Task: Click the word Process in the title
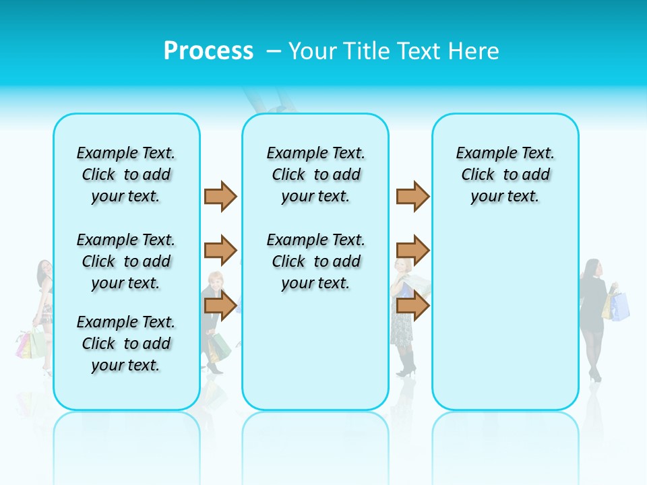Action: pos(208,51)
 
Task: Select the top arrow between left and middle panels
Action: pos(220,196)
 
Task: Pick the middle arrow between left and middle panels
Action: pos(220,251)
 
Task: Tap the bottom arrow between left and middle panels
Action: pos(220,305)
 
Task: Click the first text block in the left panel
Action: pos(126,174)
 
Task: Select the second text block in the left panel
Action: pos(126,261)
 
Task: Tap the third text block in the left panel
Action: pos(126,344)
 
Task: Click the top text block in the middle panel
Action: pos(316,174)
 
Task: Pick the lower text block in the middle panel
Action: pos(316,261)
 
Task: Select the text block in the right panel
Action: pos(505,174)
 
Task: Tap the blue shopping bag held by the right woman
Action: pos(621,306)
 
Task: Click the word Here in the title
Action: pos(474,51)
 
